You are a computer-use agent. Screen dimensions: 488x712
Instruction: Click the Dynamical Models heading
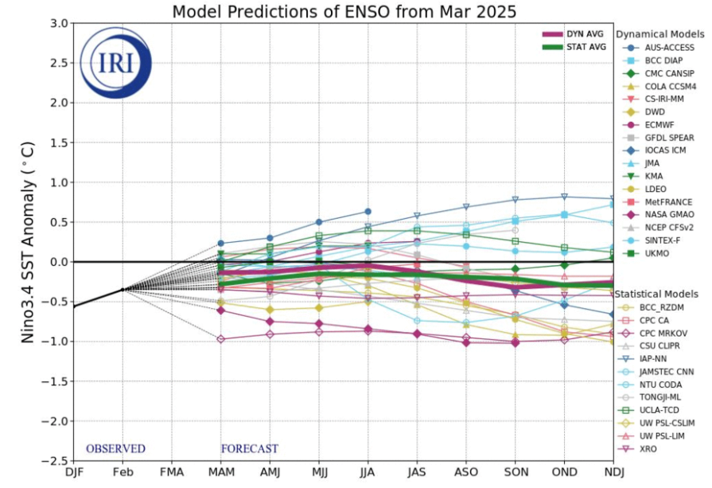point(659,34)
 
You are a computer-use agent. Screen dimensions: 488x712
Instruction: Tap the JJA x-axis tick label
point(368,473)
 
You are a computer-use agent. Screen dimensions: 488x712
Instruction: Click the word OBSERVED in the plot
point(115,448)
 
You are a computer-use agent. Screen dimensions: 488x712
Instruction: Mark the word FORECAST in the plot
point(249,448)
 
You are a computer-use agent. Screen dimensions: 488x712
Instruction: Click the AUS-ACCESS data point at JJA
point(368,211)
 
